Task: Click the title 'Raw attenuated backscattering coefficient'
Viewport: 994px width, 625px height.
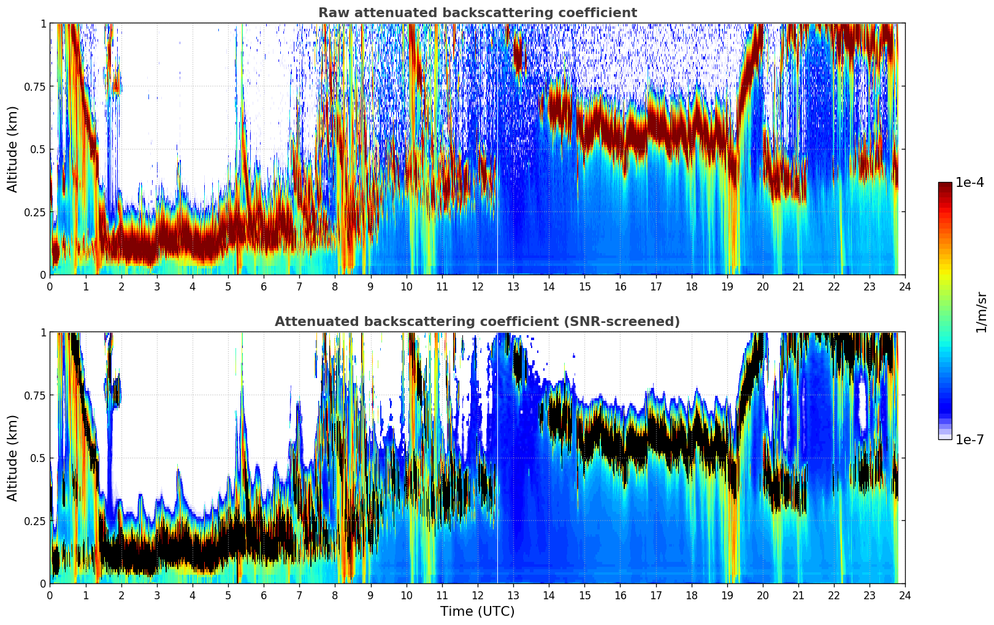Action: [x=477, y=13]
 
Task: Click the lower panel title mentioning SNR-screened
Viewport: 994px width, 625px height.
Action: [x=477, y=322]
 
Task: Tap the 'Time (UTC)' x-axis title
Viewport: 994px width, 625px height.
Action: [x=477, y=612]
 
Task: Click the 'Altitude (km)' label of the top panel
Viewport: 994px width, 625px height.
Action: [x=13, y=149]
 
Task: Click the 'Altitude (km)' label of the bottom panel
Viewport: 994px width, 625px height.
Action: [x=13, y=458]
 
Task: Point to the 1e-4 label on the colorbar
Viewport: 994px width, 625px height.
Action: [x=969, y=183]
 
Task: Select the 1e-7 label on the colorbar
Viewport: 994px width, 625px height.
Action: [x=969, y=439]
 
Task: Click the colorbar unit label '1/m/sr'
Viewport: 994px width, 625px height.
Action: [x=981, y=312]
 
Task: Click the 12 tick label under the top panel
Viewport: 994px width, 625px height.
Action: [x=477, y=286]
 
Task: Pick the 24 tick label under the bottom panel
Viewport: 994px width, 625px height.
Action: [x=905, y=595]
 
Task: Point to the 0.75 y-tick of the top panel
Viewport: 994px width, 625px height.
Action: [x=34, y=86]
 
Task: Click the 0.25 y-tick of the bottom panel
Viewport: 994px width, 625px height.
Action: [x=34, y=521]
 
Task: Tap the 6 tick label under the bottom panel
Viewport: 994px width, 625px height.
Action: [x=264, y=595]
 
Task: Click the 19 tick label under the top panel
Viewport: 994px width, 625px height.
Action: [x=727, y=286]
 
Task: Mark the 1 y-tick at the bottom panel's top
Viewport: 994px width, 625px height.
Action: [x=43, y=333]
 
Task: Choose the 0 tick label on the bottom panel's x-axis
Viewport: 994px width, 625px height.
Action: [x=50, y=595]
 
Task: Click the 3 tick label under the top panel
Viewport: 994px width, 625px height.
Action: [x=157, y=286]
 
